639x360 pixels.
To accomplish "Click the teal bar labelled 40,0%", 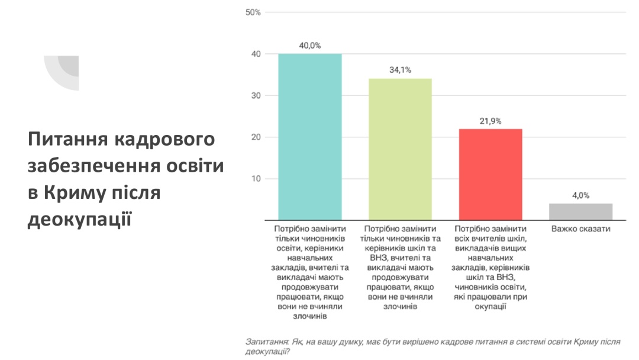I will click(x=310, y=137).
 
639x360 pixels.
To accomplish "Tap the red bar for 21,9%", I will click(x=490, y=175).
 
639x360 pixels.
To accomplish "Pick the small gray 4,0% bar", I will click(x=580, y=212).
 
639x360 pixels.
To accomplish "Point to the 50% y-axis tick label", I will click(x=253, y=12).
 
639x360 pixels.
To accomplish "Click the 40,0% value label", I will click(x=310, y=45).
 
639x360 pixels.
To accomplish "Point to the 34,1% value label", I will click(x=400, y=70).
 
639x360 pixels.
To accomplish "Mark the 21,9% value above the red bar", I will click(x=490, y=121).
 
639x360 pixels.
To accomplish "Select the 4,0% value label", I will click(x=580, y=195).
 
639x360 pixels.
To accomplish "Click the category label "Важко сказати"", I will click(x=580, y=229).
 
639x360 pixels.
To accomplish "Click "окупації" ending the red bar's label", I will click(x=490, y=307).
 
